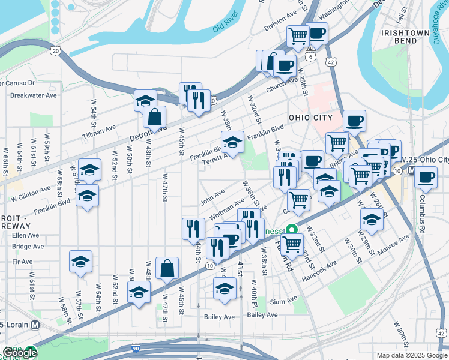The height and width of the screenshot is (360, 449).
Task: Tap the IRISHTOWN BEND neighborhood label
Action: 401,35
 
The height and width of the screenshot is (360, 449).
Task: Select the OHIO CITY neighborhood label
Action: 310,118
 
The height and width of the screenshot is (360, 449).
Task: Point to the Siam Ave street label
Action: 283,300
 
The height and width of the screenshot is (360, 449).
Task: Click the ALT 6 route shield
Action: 310,56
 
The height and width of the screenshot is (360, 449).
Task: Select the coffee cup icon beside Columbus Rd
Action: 426,177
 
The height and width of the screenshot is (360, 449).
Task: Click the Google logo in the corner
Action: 20,353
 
